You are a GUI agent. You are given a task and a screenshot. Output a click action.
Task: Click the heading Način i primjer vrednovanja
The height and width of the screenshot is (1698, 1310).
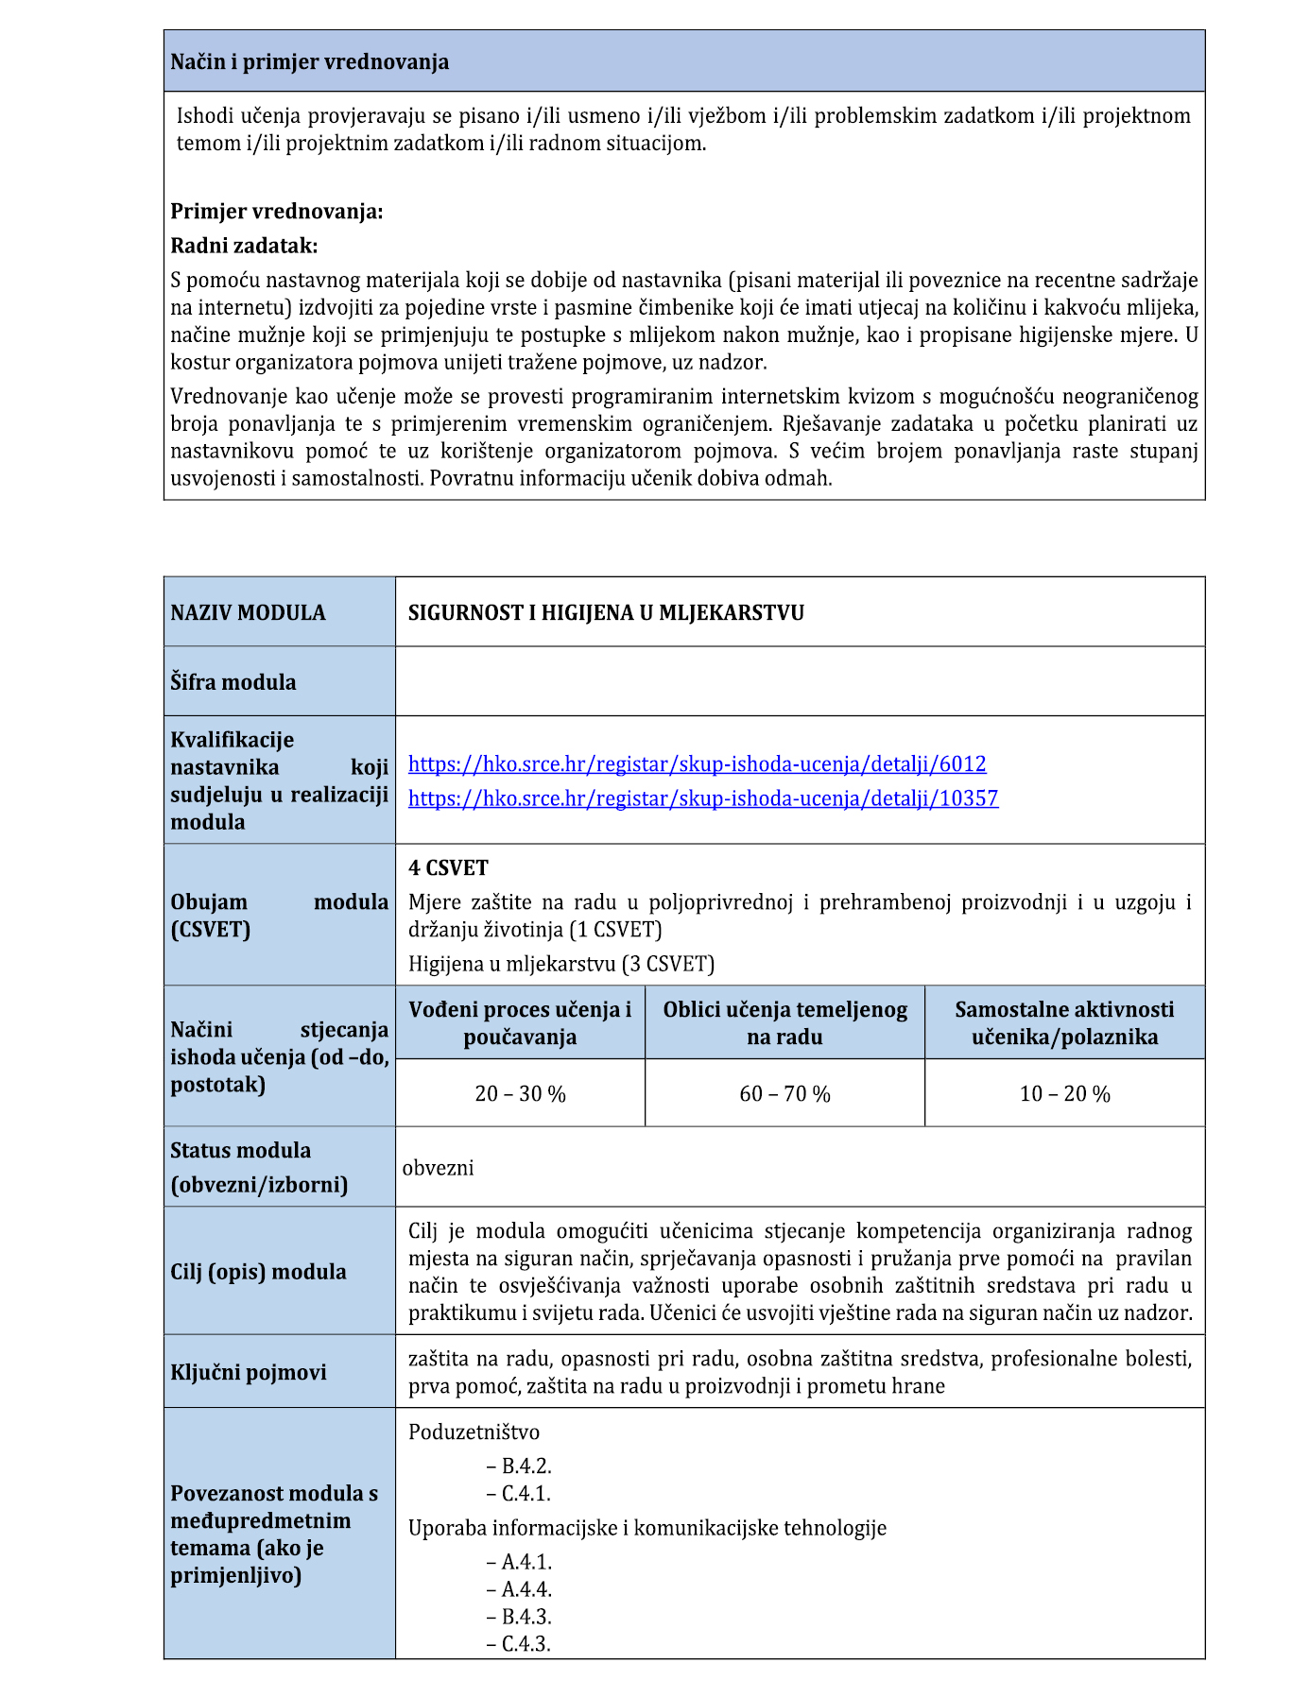click(309, 62)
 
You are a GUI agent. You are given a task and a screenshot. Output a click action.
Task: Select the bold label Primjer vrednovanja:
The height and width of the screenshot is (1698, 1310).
click(276, 212)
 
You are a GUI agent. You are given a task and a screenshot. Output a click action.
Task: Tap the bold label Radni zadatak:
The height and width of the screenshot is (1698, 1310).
click(244, 246)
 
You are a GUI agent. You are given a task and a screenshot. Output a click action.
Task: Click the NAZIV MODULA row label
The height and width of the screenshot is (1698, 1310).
click(248, 612)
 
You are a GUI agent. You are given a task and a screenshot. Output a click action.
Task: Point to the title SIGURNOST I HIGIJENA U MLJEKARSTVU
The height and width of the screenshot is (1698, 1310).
click(606, 612)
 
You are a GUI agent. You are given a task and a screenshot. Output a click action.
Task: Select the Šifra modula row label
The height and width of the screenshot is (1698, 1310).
click(233, 682)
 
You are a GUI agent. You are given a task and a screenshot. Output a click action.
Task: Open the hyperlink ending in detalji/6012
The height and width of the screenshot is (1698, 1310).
click(697, 763)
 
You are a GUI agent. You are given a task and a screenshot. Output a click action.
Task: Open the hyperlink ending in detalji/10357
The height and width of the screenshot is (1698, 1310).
click(702, 798)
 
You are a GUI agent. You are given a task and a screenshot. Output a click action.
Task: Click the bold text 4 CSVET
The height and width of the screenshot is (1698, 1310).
click(448, 867)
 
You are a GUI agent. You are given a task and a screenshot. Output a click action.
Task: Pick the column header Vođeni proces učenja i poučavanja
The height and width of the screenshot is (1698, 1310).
click(520, 1022)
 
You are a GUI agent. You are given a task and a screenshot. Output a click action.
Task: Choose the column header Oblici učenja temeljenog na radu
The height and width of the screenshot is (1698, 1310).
click(784, 1022)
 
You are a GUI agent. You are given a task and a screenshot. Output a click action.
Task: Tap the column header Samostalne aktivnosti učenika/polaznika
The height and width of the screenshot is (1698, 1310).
click(1064, 1022)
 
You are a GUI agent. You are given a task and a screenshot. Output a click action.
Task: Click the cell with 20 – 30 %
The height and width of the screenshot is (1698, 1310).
click(520, 1093)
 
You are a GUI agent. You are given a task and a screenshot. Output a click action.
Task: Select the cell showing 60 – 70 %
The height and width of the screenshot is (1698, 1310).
click(784, 1093)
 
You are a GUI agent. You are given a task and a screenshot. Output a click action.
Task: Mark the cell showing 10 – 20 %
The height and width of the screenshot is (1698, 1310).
click(1064, 1093)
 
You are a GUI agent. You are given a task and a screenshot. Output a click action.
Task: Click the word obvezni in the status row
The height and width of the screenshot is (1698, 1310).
click(438, 1167)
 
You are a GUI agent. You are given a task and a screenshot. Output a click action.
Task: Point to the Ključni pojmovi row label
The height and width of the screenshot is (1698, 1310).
click(248, 1372)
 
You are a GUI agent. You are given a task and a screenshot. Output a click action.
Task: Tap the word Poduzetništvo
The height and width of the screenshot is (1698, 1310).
click(474, 1432)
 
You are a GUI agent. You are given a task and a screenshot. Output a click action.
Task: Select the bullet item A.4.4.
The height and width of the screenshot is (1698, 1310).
click(526, 1589)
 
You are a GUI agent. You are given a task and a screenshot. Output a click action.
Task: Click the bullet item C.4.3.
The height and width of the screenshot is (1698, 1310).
click(526, 1643)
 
